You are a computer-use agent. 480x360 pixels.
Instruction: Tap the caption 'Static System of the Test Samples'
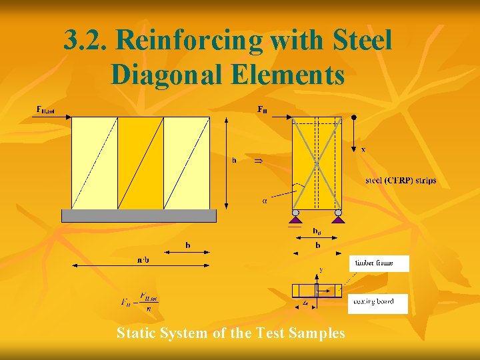(231, 333)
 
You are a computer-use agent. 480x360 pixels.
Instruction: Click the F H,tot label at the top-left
(49, 109)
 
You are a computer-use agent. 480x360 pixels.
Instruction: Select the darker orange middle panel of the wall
(140, 163)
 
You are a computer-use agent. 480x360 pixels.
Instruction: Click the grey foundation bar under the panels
(139, 216)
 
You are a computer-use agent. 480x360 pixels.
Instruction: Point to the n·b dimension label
(143, 259)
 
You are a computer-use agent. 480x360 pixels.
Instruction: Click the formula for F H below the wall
(139, 302)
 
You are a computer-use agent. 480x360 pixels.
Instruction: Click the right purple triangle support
(339, 217)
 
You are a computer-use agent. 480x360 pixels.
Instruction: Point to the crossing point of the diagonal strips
(317, 163)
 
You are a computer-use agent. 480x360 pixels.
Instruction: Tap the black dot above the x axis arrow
(354, 117)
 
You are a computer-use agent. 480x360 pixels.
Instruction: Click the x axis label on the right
(363, 150)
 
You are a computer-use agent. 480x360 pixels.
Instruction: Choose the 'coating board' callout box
(377, 303)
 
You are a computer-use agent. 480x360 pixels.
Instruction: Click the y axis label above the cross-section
(320, 270)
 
